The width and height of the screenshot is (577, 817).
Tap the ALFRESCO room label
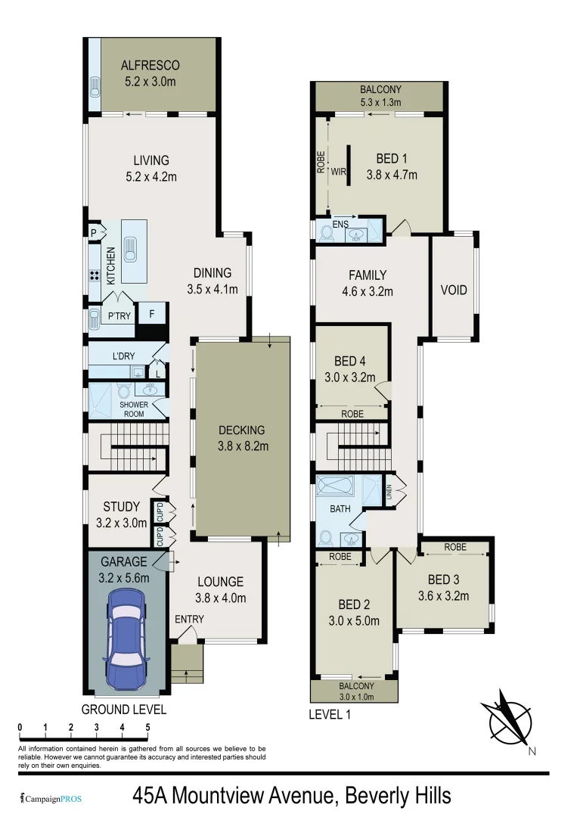(150, 66)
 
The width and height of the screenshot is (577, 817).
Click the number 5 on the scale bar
(147, 727)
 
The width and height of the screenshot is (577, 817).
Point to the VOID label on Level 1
(454, 290)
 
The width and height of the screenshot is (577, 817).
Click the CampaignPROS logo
(51, 798)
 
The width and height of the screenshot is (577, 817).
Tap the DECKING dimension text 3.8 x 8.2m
(243, 446)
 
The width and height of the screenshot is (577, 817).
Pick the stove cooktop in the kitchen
(96, 276)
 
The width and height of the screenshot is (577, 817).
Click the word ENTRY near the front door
(189, 620)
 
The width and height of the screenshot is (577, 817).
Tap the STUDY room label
(121, 507)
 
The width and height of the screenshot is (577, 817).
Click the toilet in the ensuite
(326, 233)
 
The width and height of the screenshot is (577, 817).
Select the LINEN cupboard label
(389, 492)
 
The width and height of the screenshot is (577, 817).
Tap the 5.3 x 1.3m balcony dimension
(380, 102)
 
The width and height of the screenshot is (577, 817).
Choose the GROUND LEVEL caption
(124, 710)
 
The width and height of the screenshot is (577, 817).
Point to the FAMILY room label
(368, 275)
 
